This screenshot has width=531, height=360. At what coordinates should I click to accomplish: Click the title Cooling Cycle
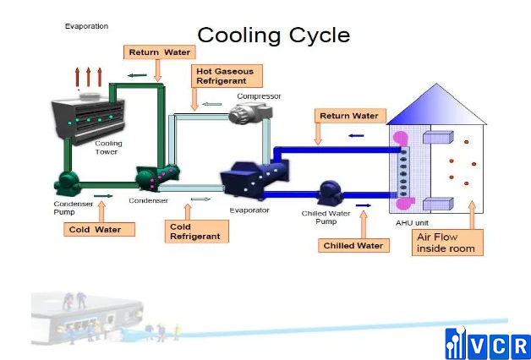pos(273,35)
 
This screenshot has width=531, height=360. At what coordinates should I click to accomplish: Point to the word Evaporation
pos(86,26)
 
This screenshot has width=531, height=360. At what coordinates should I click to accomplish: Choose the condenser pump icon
pos(67,182)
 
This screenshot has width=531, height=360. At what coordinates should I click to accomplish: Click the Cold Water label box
pos(98,229)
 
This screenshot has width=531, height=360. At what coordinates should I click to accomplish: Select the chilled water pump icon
pos(329,192)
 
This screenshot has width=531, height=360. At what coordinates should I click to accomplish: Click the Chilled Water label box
pos(353,246)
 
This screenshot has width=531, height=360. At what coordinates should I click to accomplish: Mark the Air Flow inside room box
pos(448,243)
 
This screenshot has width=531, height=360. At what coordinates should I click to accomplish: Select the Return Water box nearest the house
pos(349,115)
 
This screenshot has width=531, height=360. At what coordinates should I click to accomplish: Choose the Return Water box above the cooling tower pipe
pos(159,52)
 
